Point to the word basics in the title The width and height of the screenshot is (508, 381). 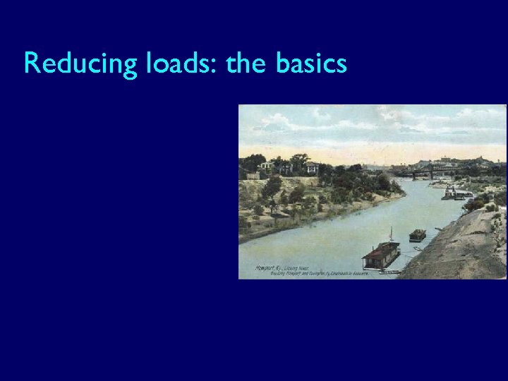311,64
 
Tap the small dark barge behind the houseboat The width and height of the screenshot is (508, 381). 417,235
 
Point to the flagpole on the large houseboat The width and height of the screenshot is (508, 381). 390,234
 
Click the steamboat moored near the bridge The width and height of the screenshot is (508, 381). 455,193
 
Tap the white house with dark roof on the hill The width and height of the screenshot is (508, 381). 311,167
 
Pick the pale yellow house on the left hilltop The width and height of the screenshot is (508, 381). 267,167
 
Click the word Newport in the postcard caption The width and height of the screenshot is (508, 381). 265,268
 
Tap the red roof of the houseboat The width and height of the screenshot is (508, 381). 382,249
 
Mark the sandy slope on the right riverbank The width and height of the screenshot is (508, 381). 459,247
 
